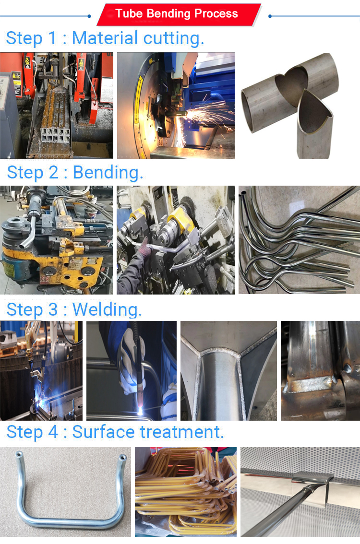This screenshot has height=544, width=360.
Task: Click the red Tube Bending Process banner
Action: (x=179, y=14)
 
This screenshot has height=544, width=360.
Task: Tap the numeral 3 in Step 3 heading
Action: (x=53, y=309)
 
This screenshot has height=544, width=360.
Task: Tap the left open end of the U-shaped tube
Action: (x=19, y=454)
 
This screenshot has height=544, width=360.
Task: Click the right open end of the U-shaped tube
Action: (x=122, y=457)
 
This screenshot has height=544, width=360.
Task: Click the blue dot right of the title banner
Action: (x=270, y=16)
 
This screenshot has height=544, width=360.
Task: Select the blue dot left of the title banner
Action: (x=89, y=16)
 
